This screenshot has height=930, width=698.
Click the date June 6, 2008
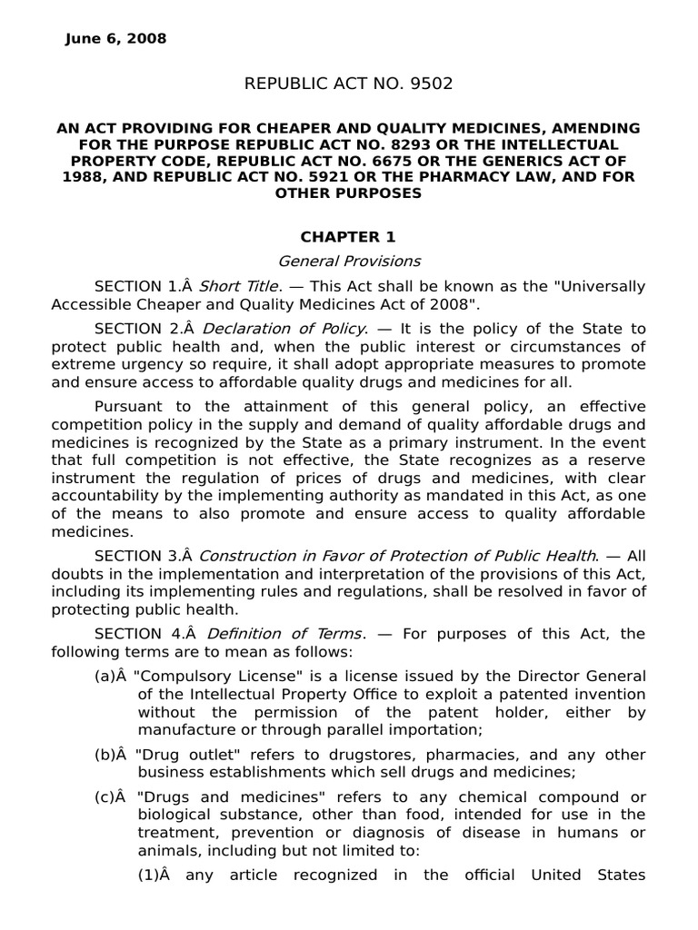click(x=115, y=38)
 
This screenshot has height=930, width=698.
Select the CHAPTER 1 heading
click(x=348, y=237)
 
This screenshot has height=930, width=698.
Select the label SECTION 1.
click(x=140, y=287)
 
